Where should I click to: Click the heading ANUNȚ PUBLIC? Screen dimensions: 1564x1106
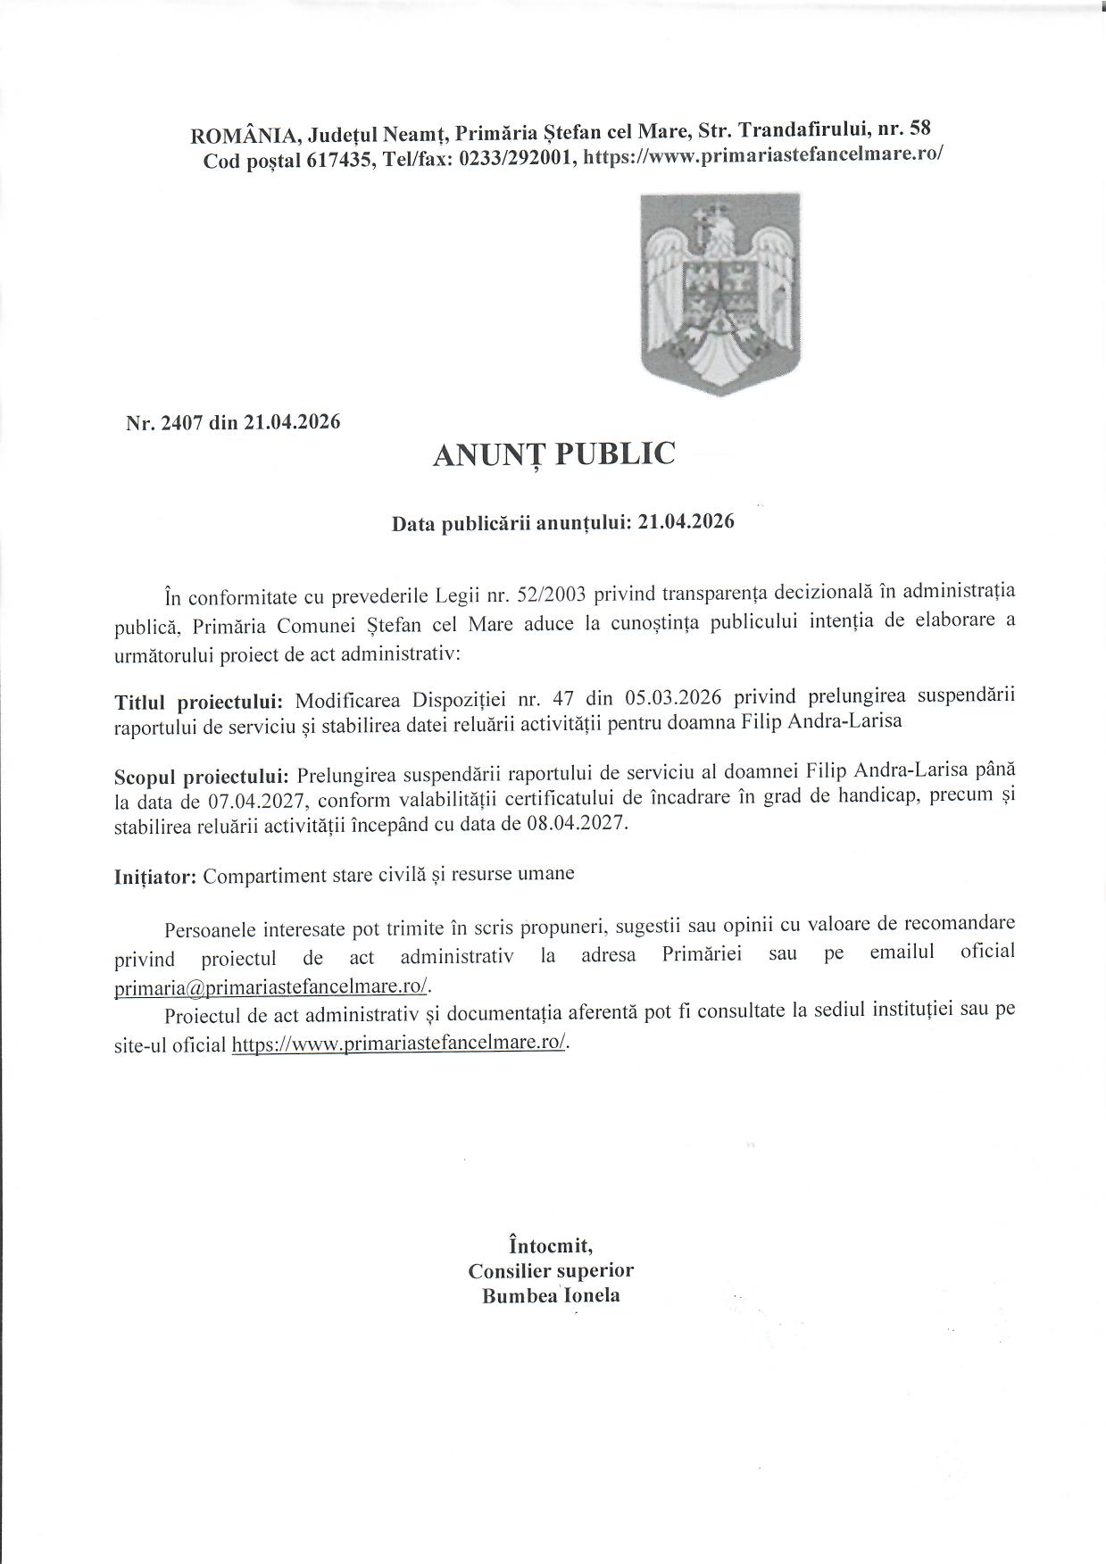pyautogui.click(x=553, y=454)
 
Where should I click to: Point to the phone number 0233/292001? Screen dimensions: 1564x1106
pyautogui.click(x=520, y=158)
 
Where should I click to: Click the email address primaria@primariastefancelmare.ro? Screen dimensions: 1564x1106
pyautogui.click(x=273, y=986)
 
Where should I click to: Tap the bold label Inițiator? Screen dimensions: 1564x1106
pyautogui.click(x=155, y=877)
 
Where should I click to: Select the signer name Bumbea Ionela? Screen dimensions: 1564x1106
pyautogui.click(x=551, y=1295)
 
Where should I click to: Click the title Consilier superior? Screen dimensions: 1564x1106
pyautogui.click(x=551, y=1269)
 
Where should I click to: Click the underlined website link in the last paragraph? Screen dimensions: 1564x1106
pyautogui.click(x=399, y=1044)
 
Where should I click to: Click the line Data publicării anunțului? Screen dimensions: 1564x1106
pyautogui.click(x=563, y=523)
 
